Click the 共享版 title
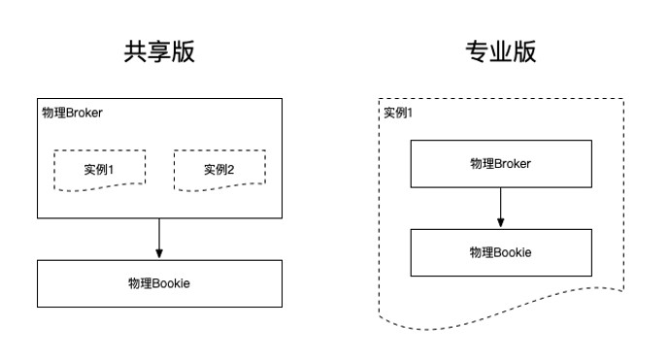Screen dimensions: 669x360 [x=159, y=51]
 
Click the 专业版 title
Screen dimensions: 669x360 [x=500, y=51]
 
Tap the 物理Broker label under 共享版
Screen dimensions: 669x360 [x=72, y=113]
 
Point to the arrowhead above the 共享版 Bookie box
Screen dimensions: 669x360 [x=159, y=254]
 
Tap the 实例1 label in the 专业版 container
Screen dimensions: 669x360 [x=398, y=113]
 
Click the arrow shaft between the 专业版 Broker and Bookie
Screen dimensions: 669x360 [x=500, y=203]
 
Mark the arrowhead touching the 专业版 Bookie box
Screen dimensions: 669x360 [x=500, y=223]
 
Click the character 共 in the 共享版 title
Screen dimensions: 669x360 [x=136, y=51]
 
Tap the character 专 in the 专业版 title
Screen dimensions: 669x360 [x=477, y=51]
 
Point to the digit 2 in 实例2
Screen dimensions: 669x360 [x=231, y=170]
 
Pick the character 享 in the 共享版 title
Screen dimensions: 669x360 [x=159, y=51]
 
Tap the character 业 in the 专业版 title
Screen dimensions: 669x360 [x=501, y=51]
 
